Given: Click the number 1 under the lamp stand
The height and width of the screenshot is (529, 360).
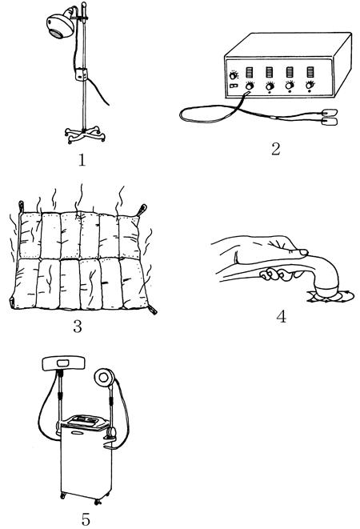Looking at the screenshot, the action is [x=82, y=159].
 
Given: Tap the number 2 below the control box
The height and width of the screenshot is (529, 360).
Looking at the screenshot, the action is [x=276, y=149].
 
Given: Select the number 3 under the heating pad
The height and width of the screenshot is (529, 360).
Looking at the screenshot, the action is [x=78, y=327].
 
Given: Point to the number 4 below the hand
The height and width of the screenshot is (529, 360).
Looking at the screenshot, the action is [x=281, y=316].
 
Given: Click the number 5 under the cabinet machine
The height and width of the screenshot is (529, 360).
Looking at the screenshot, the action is [x=86, y=519].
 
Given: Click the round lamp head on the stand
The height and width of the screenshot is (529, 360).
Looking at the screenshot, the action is [x=60, y=26].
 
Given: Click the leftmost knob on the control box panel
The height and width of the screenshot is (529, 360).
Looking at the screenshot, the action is [x=233, y=75].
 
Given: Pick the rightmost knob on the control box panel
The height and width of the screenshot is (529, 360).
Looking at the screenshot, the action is [x=310, y=86].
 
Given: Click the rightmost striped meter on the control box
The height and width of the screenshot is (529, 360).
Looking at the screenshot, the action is [x=310, y=72].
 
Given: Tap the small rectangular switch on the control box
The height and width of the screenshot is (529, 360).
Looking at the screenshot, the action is [x=234, y=86].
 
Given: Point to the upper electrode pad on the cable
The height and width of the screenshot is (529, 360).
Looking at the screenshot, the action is [x=329, y=112].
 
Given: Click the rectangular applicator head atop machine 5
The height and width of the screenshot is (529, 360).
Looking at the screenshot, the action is [x=64, y=363].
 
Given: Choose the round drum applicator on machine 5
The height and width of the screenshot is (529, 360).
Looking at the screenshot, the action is [x=104, y=377].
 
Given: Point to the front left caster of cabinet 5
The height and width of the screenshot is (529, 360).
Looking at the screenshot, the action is [x=63, y=496].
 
